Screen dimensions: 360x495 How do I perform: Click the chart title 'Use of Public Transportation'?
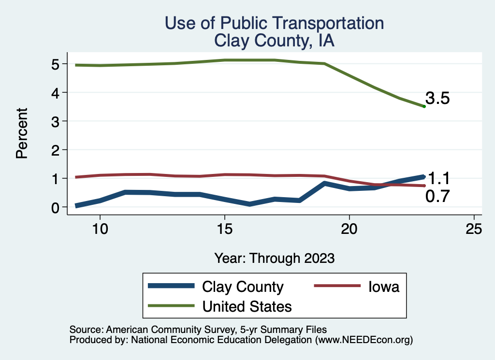coord(274,23)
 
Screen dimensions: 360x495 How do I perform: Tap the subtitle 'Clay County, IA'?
coord(274,41)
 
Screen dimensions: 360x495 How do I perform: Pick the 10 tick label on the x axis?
coord(100,229)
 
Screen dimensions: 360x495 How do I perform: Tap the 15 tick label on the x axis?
coord(224,229)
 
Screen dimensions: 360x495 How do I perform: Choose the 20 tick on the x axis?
coord(349,229)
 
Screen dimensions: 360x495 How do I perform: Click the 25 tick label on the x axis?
coord(474,229)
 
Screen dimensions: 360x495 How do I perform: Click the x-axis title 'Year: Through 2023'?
coord(274,258)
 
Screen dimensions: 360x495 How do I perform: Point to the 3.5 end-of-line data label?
coord(437,99)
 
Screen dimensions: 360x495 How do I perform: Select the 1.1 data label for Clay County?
coord(439,179)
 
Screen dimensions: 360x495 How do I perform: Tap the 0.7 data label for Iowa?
coord(437,196)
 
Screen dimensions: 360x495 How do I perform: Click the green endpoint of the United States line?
coord(424,106)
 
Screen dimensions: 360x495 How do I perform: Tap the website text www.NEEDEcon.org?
coord(364,340)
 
